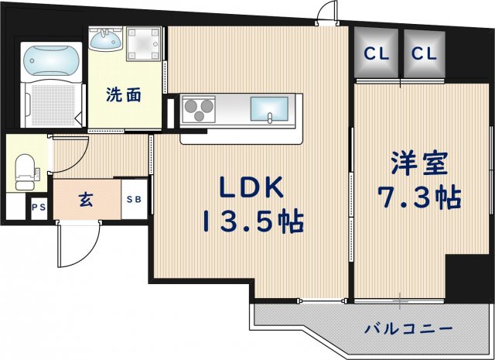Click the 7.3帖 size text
[421, 199]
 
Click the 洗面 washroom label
[124, 96]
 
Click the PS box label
[38, 207]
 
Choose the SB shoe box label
[134, 199]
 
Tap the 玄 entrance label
[85, 199]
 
